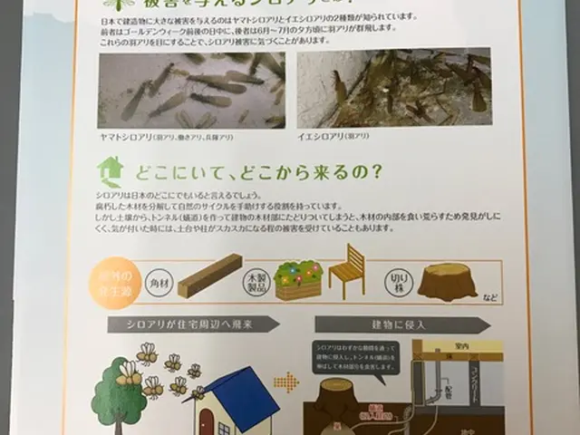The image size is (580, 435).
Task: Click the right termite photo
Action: click(x=393, y=92)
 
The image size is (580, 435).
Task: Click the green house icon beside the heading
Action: click(x=110, y=170)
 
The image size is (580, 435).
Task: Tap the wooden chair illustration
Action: click(x=346, y=271)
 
